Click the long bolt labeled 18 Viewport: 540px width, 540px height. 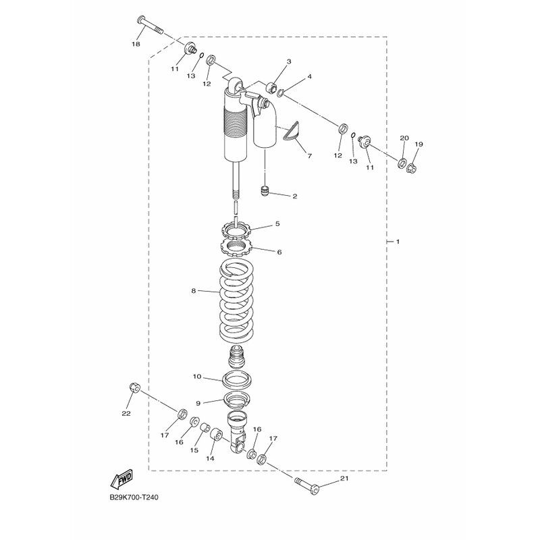[149, 26]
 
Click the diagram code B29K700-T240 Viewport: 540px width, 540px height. [134, 497]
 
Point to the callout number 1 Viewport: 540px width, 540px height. [398, 242]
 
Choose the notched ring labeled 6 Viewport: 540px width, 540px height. [237, 247]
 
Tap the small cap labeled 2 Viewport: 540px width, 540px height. [264, 190]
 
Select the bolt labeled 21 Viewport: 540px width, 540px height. [307, 485]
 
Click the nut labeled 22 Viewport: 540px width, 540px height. [134, 387]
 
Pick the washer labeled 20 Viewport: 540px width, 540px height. [402, 163]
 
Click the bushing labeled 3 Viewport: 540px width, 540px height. [273, 88]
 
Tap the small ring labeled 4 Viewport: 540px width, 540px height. [281, 92]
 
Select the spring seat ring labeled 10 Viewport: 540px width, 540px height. [237, 379]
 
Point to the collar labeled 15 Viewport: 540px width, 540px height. [206, 427]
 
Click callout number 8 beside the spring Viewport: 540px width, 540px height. [193, 291]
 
